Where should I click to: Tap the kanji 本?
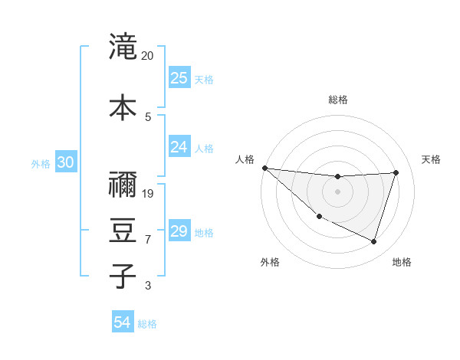pyautogui.click(x=122, y=106)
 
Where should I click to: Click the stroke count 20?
pyautogui.click(x=147, y=56)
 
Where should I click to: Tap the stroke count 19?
pyautogui.click(x=148, y=193)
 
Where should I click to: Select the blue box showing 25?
pyautogui.click(x=179, y=78)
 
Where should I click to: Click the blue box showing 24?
pyautogui.click(x=179, y=147)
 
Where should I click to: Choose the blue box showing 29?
pyautogui.click(x=179, y=231)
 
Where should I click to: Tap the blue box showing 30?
pyautogui.click(x=65, y=162)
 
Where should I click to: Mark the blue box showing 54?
pyautogui.click(x=123, y=323)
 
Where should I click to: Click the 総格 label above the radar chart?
pyautogui.click(x=338, y=100)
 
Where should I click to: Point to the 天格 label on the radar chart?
pyautogui.click(x=432, y=159)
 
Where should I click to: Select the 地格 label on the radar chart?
pyautogui.click(x=402, y=262)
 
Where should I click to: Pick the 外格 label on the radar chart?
pyautogui.click(x=270, y=262)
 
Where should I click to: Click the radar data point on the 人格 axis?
pyautogui.click(x=264, y=168)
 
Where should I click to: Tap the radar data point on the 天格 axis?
pyautogui.click(x=396, y=172)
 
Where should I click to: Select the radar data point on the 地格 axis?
pyautogui.click(x=373, y=241)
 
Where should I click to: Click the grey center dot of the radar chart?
pyautogui.click(x=337, y=191)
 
